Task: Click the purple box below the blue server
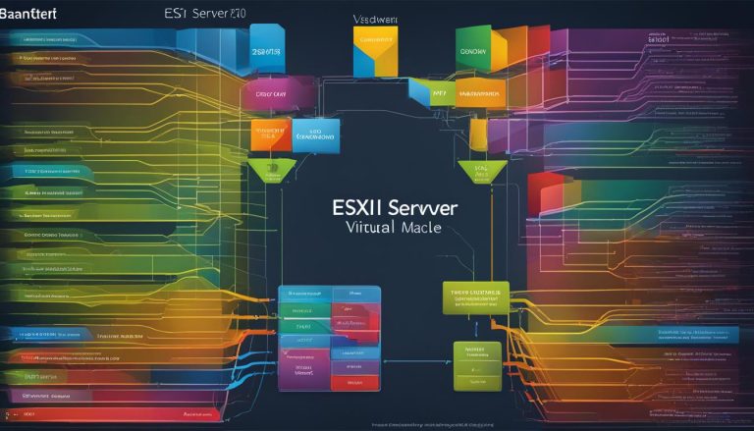click(278, 95)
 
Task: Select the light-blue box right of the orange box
click(315, 134)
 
